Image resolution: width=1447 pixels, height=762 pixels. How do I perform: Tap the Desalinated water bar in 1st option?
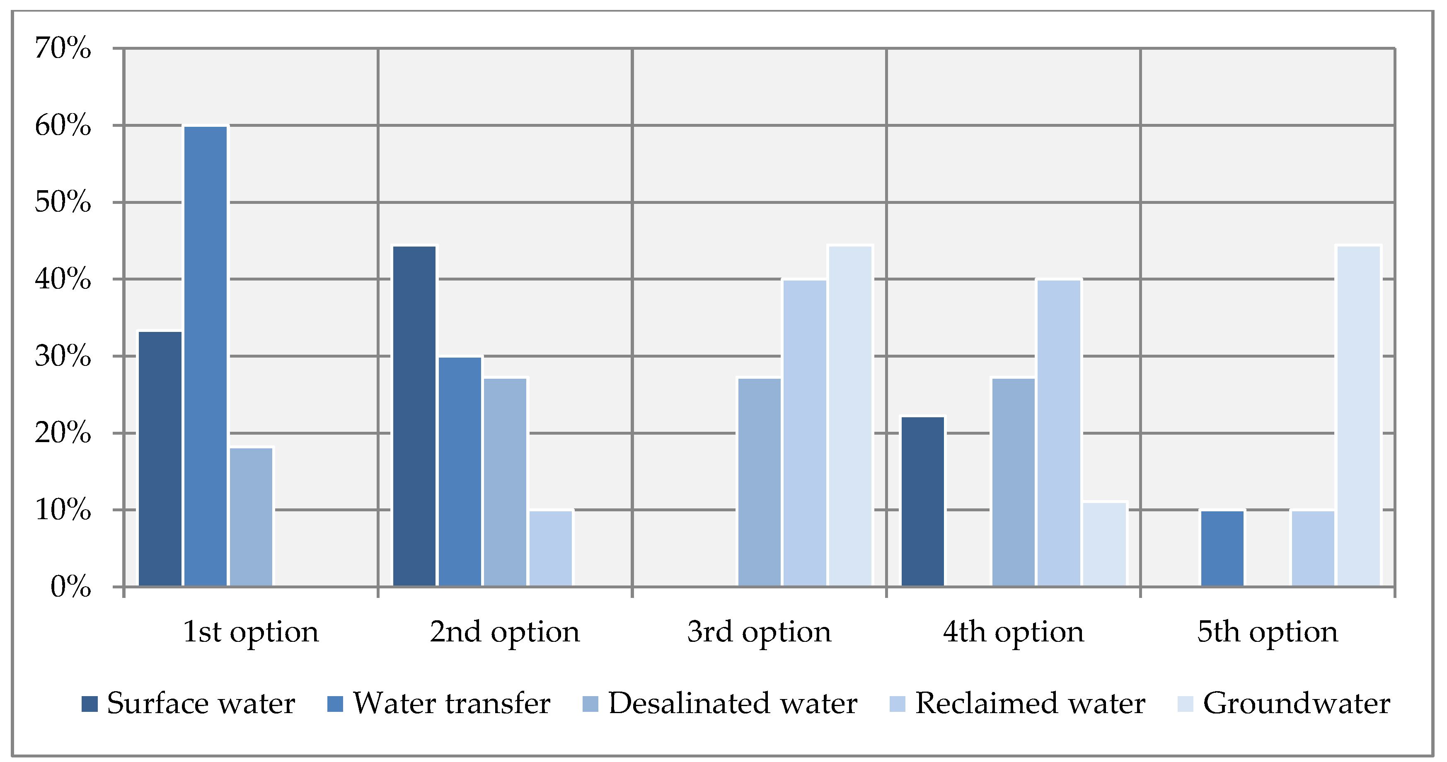click(251, 517)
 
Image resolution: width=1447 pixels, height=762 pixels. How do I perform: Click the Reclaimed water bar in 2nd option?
click(550, 548)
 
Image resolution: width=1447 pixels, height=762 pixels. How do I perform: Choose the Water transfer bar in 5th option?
click(1222, 548)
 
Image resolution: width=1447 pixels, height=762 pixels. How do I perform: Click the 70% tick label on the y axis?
click(62, 48)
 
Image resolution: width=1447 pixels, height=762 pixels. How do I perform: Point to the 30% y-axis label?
click(62, 356)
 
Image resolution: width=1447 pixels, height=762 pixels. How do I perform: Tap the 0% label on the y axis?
click(70, 588)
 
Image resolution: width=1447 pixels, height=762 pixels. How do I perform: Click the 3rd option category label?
click(759, 632)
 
